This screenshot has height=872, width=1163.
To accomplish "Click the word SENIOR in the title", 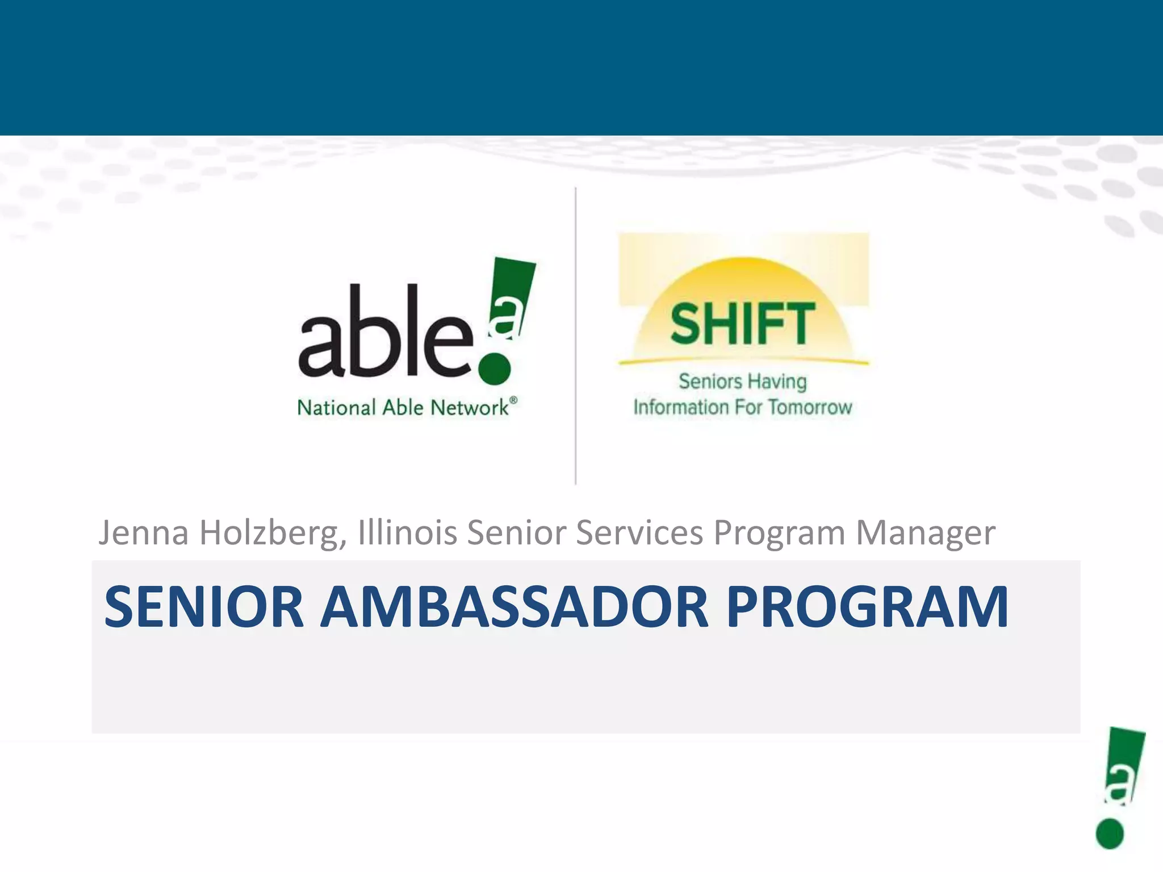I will click(204, 607).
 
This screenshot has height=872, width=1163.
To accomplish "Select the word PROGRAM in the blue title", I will click(867, 607).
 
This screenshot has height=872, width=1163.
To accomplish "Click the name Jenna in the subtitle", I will click(144, 533).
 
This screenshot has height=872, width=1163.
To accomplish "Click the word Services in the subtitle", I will click(639, 533).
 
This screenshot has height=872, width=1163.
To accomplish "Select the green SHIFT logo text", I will click(742, 324).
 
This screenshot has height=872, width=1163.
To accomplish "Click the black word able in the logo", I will click(385, 333).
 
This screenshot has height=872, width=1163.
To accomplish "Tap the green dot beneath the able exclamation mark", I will click(494, 368).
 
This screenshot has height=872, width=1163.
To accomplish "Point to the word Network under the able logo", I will click(469, 408).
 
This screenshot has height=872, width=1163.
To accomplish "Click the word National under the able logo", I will click(336, 408).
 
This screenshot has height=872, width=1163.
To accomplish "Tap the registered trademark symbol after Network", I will click(513, 400).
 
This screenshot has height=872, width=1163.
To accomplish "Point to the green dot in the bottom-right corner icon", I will click(1110, 834).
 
